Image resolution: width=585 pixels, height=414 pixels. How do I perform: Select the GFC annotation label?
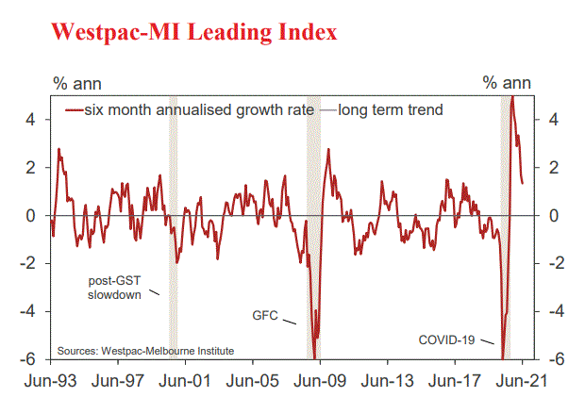(266, 315)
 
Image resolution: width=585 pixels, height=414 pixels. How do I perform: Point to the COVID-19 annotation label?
(448, 339)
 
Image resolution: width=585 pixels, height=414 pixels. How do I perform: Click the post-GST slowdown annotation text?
(114, 287)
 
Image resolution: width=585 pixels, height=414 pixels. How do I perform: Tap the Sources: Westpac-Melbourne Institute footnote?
(145, 351)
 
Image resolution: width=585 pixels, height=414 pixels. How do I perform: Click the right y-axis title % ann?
(504, 82)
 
